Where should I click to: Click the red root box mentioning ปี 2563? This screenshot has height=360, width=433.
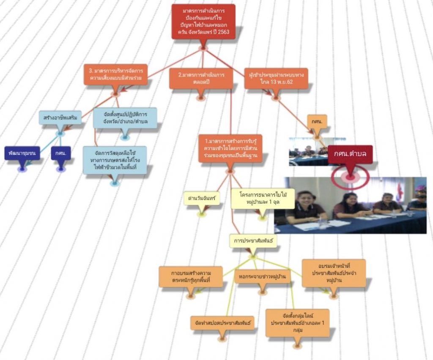click(203, 22)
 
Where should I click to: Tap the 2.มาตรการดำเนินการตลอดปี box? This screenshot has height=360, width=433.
click(201, 78)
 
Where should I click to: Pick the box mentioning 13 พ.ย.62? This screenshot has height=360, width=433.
click(276, 78)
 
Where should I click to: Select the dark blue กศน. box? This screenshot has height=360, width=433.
click(60, 153)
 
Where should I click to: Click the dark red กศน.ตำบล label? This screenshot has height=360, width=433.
click(350, 154)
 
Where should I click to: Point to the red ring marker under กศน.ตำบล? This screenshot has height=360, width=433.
click(350, 177)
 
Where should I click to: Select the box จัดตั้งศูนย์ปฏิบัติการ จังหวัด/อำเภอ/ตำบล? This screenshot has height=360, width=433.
click(125, 118)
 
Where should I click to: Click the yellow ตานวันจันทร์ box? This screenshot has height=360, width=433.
click(202, 198)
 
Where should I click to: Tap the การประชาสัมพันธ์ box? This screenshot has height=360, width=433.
click(253, 241)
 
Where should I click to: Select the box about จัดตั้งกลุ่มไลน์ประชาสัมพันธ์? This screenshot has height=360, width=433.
click(297, 323)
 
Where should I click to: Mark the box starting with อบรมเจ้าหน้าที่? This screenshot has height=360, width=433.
click(334, 273)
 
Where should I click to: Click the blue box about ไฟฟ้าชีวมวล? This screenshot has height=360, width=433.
click(115, 160)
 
